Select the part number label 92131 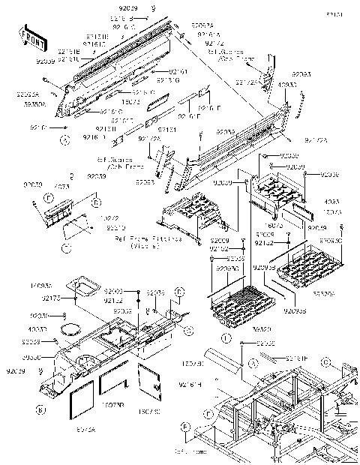click(146, 129)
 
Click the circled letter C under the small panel click(67, 247)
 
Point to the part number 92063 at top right click(301, 75)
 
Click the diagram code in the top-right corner click(346, 13)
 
